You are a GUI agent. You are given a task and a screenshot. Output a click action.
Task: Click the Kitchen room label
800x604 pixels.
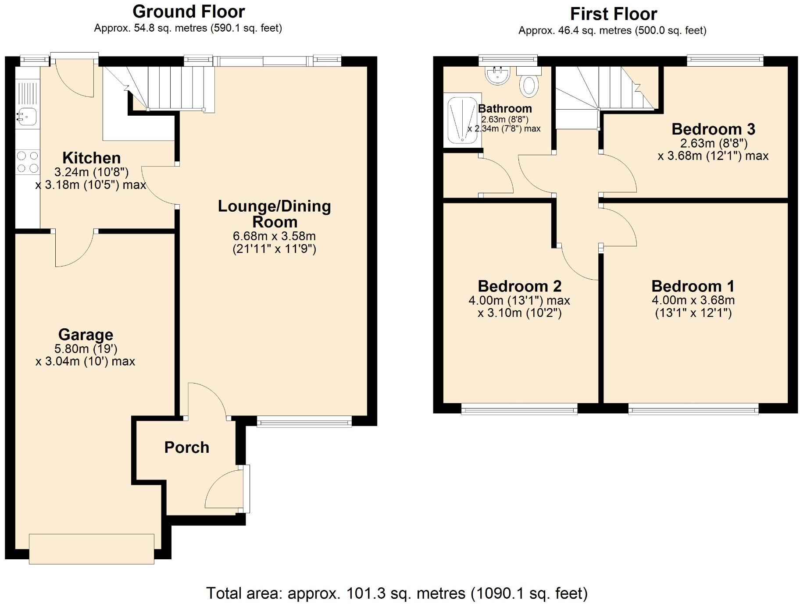tap(91, 158)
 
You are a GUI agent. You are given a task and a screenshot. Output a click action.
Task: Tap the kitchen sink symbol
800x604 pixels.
tap(27, 116)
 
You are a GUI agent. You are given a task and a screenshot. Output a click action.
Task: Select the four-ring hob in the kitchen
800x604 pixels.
tap(28, 161)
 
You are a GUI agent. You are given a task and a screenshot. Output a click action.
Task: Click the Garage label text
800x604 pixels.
tap(86, 335)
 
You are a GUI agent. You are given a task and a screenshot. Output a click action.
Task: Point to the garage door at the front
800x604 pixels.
tap(92, 548)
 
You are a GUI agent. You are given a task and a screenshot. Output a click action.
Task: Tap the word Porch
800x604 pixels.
tap(187, 448)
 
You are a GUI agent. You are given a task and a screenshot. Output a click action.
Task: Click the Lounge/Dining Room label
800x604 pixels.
tap(275, 214)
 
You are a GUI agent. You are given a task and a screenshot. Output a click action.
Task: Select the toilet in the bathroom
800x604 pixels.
tap(529, 82)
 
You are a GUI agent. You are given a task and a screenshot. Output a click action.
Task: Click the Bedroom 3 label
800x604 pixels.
tap(713, 129)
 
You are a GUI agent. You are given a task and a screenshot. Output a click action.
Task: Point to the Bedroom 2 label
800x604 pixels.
tap(519, 286)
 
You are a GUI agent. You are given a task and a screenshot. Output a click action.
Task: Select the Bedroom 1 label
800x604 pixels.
tap(693, 286)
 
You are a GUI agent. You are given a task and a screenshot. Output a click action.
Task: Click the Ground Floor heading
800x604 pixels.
tap(189, 11)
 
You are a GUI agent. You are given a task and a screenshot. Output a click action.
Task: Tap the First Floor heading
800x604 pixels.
tap(613, 14)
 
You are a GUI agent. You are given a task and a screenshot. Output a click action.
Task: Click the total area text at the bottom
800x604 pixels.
tap(397, 593)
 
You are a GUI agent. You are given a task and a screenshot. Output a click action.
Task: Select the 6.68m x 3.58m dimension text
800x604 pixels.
tap(274, 236)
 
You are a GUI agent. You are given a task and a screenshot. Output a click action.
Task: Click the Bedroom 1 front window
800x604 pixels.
tap(693, 410)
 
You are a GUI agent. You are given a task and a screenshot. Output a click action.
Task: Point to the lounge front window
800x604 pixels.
tap(304, 422)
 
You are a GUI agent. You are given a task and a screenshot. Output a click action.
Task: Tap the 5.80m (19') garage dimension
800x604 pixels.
tap(86, 348)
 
